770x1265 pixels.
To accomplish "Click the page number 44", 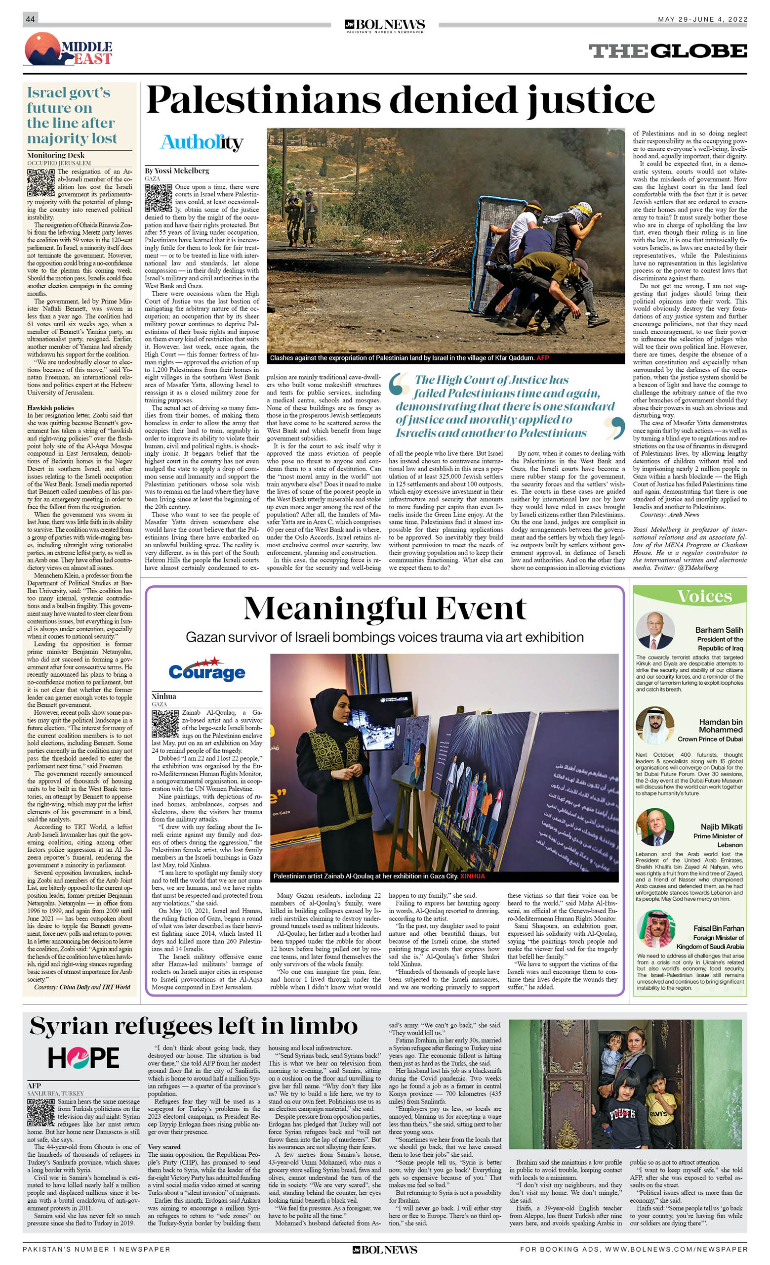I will [x=30, y=19].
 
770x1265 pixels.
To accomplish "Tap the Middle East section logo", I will [x=68, y=49].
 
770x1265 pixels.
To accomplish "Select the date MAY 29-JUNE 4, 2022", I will [x=702, y=19].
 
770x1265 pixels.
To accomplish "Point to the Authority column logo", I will [x=202, y=142].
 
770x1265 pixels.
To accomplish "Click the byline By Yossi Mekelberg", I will [x=177, y=171].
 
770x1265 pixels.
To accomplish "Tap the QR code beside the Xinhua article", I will [x=165, y=724].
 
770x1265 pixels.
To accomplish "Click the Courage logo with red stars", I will [x=207, y=669].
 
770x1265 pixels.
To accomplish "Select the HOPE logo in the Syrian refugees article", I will [x=83, y=1057].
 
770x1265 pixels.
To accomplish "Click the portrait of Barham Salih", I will [x=655, y=630].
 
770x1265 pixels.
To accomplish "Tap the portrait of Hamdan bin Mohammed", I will [x=655, y=725].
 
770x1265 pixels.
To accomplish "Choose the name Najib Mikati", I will [x=721, y=827].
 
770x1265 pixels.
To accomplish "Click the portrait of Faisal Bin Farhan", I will [x=655, y=929].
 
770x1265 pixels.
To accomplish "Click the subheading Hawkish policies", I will [x=51, y=408].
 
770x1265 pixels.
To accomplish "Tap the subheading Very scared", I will [x=164, y=1146].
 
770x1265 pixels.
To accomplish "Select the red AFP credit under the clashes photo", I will [x=542, y=358].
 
